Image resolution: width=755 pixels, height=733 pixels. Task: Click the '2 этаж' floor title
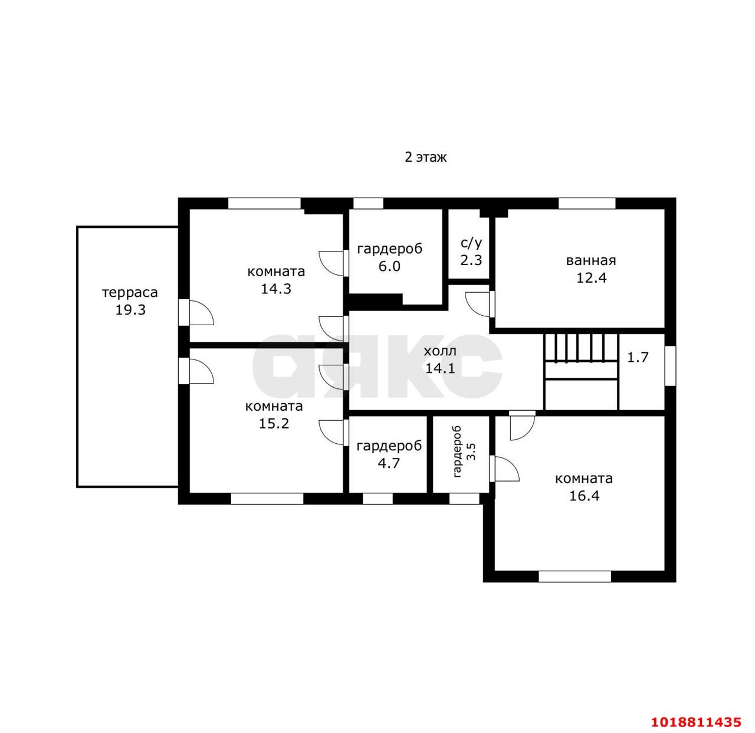click(x=426, y=157)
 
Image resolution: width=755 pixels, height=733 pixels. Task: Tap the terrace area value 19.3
click(x=130, y=310)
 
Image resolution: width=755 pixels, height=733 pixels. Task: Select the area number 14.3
click(x=276, y=289)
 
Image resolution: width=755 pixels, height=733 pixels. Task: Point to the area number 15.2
click(x=274, y=424)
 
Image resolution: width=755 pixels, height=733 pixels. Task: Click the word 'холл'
click(x=440, y=351)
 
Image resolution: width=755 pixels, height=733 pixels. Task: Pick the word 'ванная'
click(x=591, y=260)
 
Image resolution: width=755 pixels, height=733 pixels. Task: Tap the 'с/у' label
click(x=471, y=243)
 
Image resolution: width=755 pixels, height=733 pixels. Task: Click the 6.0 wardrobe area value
click(x=389, y=266)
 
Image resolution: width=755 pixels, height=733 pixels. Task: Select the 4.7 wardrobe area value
click(x=388, y=463)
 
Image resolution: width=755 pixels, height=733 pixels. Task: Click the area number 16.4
click(x=585, y=496)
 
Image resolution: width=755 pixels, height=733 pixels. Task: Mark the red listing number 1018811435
click(x=696, y=722)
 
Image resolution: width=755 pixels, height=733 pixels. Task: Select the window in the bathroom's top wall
click(x=587, y=204)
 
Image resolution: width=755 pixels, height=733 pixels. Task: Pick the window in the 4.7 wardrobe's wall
click(x=377, y=499)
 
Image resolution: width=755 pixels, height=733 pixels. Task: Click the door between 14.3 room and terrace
click(x=196, y=312)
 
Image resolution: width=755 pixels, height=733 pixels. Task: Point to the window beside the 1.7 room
click(x=671, y=366)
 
